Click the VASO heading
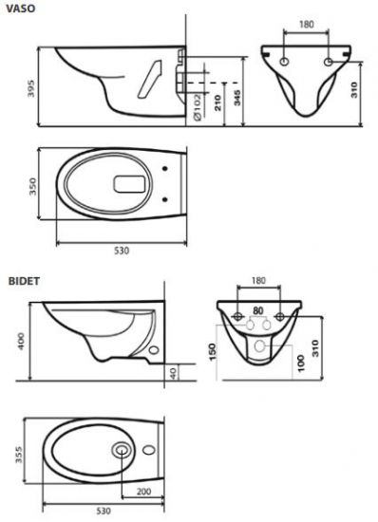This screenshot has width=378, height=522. tap(21, 9)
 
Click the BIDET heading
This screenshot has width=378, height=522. tap(24, 281)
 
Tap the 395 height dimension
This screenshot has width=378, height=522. tap(30, 88)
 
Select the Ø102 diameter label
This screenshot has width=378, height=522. tap(198, 107)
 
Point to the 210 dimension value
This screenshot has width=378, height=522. tap(217, 103)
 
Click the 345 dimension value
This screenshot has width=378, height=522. tap(236, 98)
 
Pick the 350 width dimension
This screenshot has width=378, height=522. tap(32, 186)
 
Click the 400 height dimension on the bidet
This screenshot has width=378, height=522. tap(21, 342)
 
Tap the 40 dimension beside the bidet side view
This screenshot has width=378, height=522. tap(174, 372)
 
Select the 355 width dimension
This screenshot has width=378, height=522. tap(18, 454)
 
